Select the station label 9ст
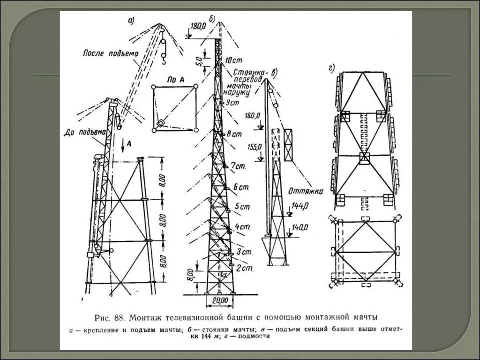click(x=232, y=102)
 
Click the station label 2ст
click(x=245, y=269)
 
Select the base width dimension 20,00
click(x=219, y=300)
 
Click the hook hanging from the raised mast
click(x=164, y=58)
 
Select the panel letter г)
click(x=332, y=70)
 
